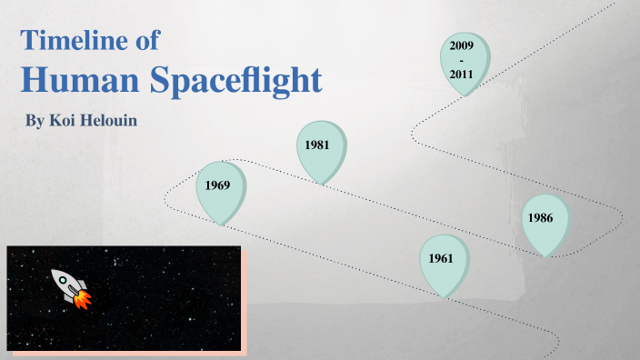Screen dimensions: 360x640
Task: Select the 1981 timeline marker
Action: point(319,147)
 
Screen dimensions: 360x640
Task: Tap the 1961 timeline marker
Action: point(442,262)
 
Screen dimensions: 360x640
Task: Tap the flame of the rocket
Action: point(82,299)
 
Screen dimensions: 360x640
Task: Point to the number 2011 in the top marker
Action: point(463,75)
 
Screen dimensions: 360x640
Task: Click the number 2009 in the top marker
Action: point(463,44)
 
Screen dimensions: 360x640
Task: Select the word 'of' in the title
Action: point(149,40)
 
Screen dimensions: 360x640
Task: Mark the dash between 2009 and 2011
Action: point(463,59)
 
